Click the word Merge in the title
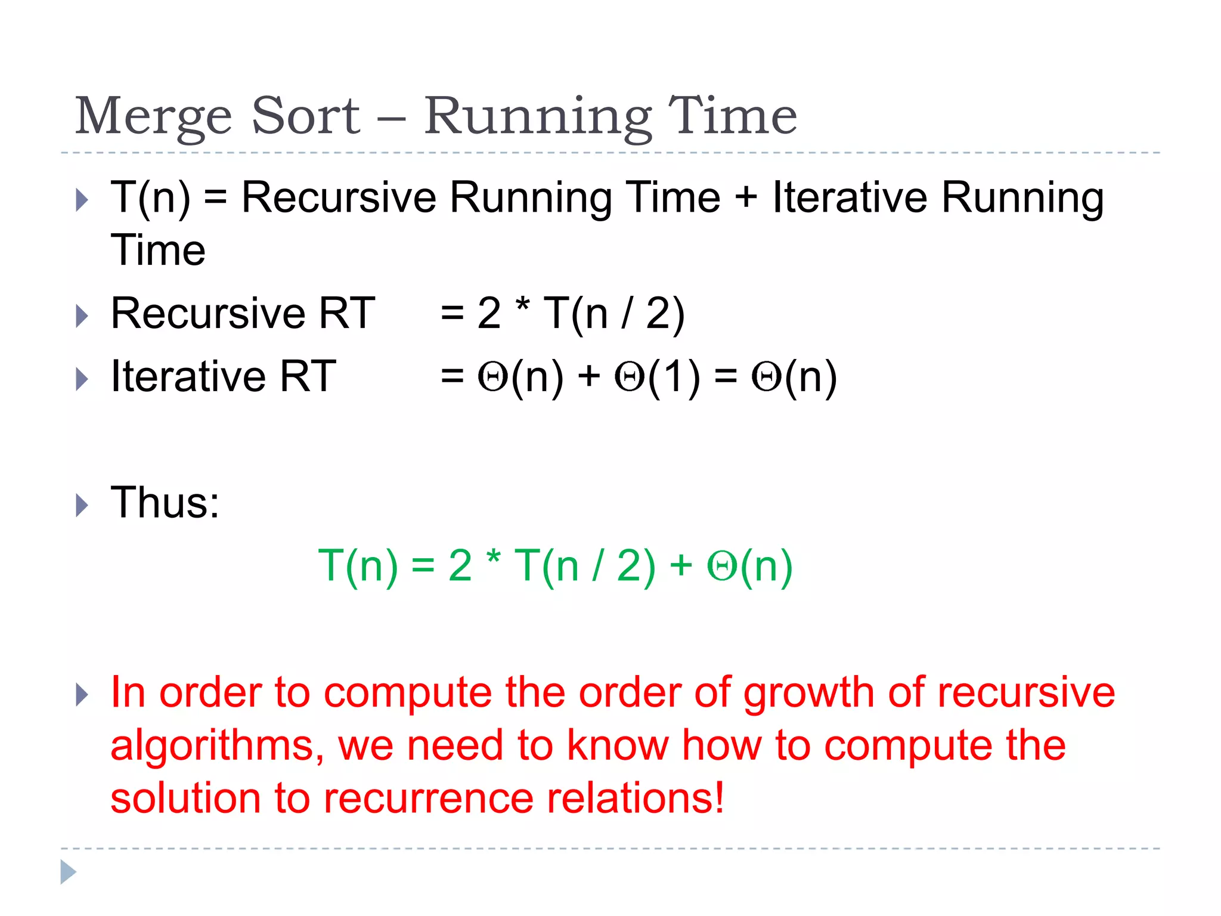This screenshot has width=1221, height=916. coord(153,117)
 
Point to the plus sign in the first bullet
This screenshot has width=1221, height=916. coord(746,199)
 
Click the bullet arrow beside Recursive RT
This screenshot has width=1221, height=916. coord(82,315)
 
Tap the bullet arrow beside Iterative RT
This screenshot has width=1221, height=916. coord(82,379)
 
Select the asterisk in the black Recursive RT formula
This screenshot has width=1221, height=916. coord(522,307)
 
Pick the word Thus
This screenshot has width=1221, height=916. coord(165,503)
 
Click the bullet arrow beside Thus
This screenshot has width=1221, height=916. coord(82,505)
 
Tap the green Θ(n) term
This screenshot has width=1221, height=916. coord(749,566)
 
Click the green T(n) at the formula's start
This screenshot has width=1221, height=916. coord(358,566)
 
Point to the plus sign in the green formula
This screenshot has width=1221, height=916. coord(680,566)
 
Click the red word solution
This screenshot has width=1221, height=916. coord(185,799)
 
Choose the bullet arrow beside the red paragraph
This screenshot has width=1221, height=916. coord(82,695)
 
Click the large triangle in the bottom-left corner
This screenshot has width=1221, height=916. coord(68,872)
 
